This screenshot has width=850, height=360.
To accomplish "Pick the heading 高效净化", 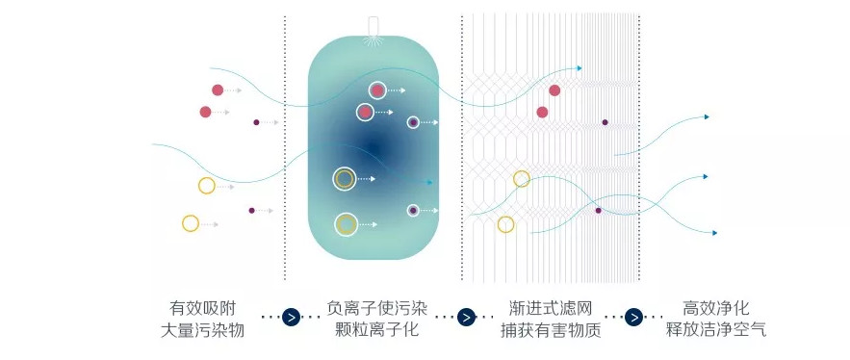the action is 715,308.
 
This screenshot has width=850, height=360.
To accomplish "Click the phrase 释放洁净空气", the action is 715,330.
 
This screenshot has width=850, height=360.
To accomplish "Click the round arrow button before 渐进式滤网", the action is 465,318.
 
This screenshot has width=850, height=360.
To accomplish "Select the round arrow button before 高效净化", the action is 635,318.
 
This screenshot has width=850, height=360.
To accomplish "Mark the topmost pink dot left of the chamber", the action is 218,90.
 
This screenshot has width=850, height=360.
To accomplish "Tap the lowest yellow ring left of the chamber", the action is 191,223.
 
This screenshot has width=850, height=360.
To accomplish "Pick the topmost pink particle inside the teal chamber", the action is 377,90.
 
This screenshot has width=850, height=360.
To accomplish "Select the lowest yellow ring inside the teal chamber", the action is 346,224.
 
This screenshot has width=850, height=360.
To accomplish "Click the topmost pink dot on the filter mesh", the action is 554,90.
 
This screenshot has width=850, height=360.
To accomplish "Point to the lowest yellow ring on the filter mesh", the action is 505,224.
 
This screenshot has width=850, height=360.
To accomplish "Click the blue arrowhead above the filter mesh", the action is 579,68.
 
